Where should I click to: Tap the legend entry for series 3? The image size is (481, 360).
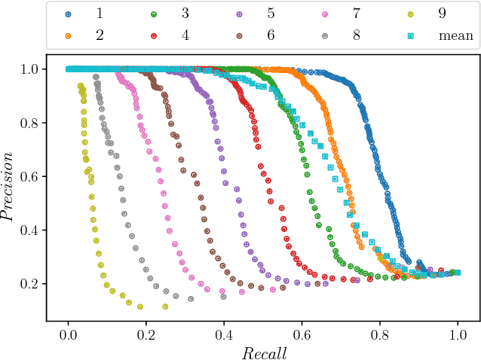tap(173, 14)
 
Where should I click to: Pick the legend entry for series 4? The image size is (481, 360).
tap(173, 35)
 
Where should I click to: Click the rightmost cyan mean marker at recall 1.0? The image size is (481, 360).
tap(458, 273)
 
